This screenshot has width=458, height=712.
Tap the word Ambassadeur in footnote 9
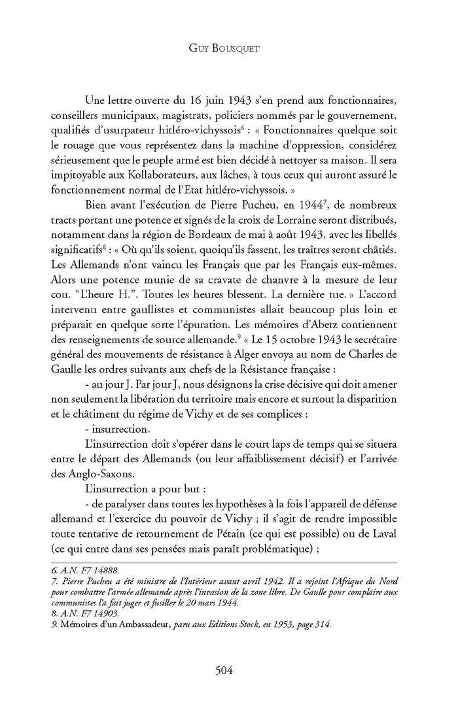132,624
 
